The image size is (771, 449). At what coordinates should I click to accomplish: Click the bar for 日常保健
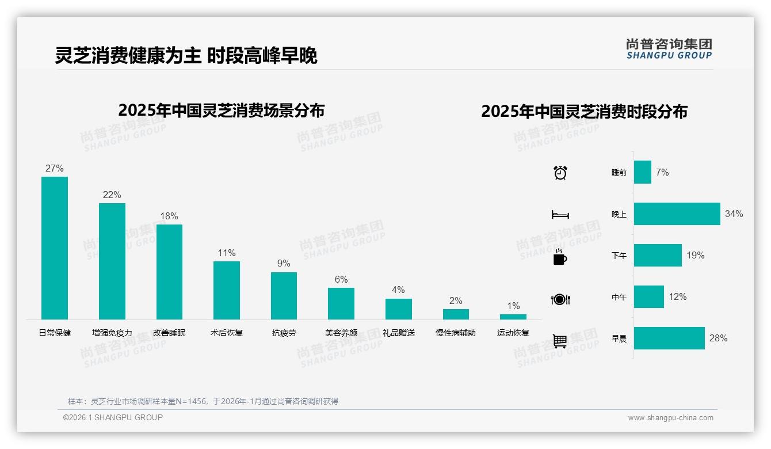point(55,248)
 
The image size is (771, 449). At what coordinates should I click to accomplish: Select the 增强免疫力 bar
point(112,261)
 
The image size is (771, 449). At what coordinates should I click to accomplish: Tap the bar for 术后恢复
point(226,290)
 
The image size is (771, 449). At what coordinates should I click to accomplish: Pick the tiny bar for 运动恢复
point(513,317)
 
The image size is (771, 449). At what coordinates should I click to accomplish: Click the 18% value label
point(169,216)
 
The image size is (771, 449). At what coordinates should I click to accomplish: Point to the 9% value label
point(284,264)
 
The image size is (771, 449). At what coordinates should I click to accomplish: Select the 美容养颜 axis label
point(341,333)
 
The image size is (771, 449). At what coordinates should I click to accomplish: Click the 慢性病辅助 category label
point(456,333)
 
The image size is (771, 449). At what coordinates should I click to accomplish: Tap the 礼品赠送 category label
point(398,333)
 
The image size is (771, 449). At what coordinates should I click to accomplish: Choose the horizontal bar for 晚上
point(677,214)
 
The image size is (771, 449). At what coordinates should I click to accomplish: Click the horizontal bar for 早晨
point(669,338)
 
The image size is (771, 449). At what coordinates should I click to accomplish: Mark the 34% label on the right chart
point(734,214)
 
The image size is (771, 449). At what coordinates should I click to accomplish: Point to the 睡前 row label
point(619,173)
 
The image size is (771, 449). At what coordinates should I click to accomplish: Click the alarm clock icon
point(560,173)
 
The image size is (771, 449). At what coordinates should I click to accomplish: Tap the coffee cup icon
point(560,257)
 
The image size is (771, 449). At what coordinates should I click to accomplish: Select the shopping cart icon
point(560,341)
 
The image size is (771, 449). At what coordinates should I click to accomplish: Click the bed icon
point(560,215)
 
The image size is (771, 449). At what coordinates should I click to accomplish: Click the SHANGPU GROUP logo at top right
point(669,49)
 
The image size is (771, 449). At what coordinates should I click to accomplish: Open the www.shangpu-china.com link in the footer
point(670,418)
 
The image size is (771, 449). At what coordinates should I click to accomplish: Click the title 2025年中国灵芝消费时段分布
point(584,112)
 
